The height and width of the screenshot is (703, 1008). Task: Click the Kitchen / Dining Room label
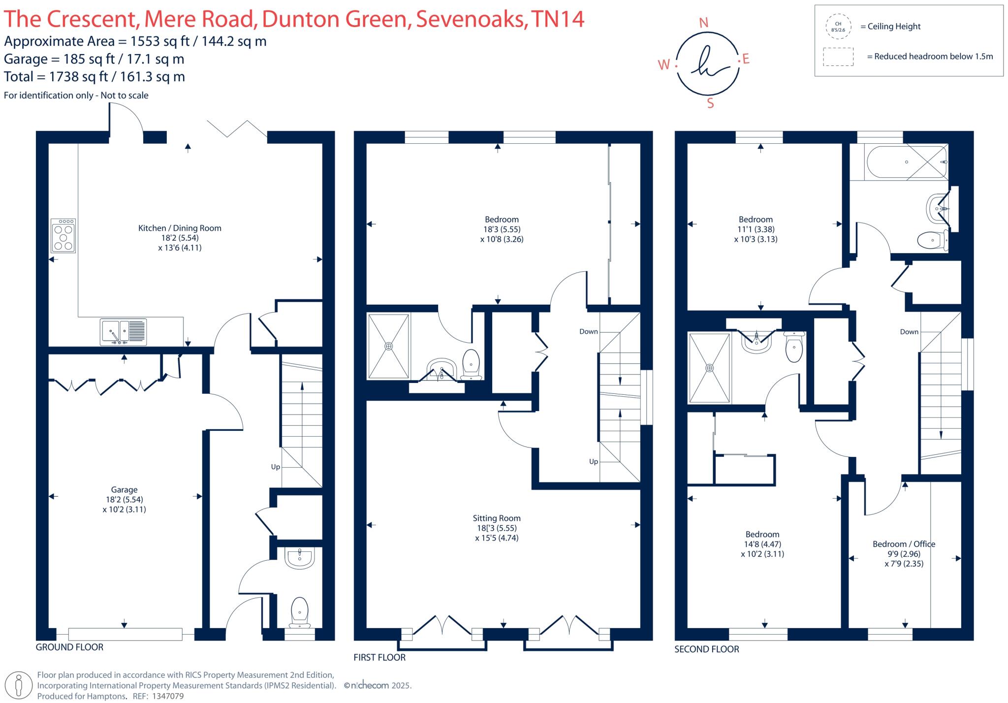coord(180,228)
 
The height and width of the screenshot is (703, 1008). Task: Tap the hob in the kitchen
coord(63,236)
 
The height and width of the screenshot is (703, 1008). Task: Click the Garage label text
coord(124,490)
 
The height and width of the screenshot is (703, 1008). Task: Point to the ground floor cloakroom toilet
coord(299,612)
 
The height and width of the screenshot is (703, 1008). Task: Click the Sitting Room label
coord(497,518)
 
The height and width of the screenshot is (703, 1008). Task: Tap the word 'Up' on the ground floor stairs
coord(275,467)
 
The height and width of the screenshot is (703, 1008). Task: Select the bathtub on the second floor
coord(898,162)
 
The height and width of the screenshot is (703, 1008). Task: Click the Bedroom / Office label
coord(904,544)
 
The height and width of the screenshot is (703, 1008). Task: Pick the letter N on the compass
coord(704,23)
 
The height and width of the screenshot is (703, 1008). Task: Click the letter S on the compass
coord(710,103)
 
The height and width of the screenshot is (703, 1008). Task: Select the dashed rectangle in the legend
coord(838,57)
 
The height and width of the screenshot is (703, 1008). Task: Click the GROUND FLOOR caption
coord(69,647)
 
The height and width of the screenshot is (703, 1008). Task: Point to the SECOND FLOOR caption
coord(706,649)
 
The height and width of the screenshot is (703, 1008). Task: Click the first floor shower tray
coord(388,346)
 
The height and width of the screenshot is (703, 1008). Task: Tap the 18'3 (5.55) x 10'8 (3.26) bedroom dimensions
coord(502,234)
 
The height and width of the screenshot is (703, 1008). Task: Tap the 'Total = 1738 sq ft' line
coord(94,77)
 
